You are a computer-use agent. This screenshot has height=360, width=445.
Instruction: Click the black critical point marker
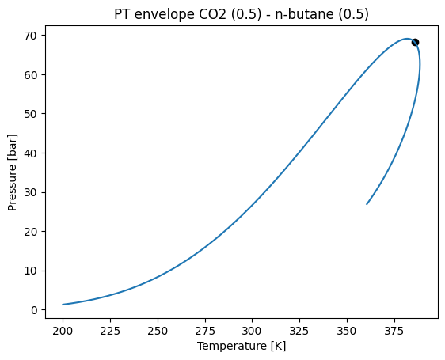(x=415, y=42)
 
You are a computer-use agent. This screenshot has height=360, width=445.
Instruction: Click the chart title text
(x=242, y=13)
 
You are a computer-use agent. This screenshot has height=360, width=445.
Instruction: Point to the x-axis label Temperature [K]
(x=242, y=346)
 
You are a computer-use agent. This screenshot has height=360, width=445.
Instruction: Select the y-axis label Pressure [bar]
(x=13, y=172)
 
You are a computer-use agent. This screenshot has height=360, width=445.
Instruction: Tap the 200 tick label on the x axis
(x=63, y=328)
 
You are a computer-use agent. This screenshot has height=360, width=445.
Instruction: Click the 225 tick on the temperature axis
(x=111, y=328)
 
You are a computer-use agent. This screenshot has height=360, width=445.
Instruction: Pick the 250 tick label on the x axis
(x=158, y=328)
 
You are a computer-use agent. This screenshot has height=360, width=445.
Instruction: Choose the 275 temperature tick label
(x=205, y=328)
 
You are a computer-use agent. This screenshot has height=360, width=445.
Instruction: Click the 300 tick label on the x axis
(x=252, y=328)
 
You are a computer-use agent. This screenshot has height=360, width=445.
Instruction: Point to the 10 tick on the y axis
(x=32, y=271)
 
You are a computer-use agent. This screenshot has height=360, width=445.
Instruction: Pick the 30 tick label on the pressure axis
(x=32, y=192)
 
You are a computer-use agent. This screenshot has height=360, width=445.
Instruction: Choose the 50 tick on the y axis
(x=32, y=114)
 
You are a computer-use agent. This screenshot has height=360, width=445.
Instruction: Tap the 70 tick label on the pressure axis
(x=32, y=36)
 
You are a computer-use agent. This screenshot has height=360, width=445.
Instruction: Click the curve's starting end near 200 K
(x=63, y=305)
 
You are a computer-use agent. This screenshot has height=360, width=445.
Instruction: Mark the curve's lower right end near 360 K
(x=367, y=204)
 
